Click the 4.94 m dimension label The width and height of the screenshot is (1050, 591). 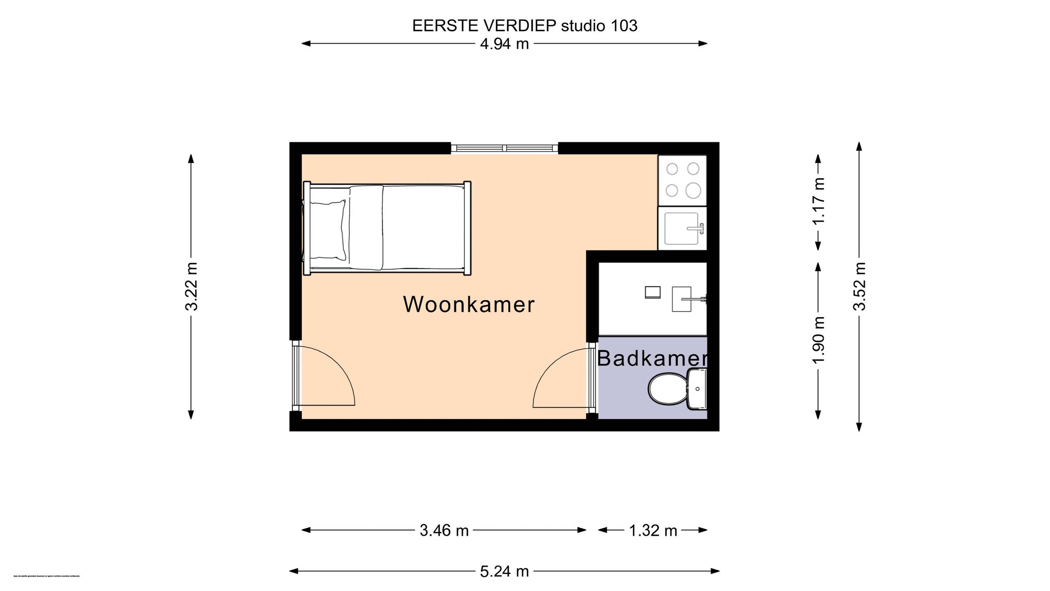coord(504,44)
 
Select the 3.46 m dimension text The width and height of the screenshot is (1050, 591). coord(444,531)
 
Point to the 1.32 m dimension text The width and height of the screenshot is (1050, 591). coord(653,531)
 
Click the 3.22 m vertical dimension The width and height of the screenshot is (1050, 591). coord(191,286)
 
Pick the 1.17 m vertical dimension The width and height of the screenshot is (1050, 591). coord(819,201)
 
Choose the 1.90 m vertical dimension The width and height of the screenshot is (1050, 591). coord(819,340)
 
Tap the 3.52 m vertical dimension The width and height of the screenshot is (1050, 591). coord(860,286)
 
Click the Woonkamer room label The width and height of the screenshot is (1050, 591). coord(469,305)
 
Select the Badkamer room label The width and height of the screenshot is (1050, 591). coord(652,358)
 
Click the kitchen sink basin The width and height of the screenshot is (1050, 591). coord(681,228)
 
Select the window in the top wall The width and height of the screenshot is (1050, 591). coord(504,148)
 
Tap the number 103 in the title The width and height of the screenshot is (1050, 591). coord(624,26)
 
